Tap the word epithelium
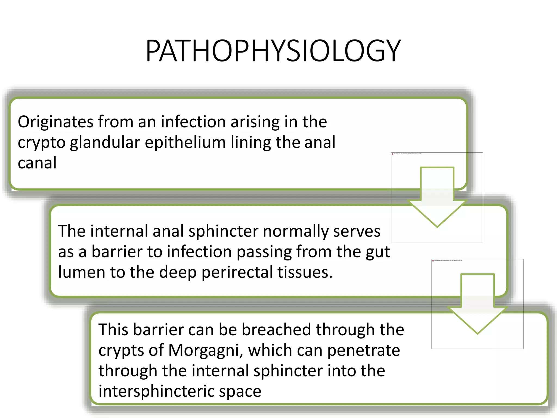coord(185,142)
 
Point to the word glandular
coord(105,142)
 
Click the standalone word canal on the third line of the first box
coord(37,163)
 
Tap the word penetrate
coord(363,350)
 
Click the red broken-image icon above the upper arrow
coord(392,154)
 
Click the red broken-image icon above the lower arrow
coord(433,260)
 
